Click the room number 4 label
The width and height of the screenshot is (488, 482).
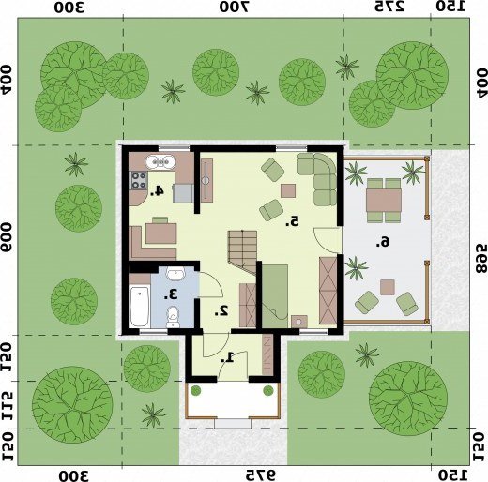(x=157, y=190)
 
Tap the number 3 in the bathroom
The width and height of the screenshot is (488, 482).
(x=171, y=294)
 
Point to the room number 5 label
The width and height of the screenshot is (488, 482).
(x=292, y=221)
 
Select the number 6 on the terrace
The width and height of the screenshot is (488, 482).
(x=383, y=242)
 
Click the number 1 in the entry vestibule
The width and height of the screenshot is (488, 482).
(x=228, y=357)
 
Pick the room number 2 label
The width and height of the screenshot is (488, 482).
(x=221, y=310)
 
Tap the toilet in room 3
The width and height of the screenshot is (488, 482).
(x=173, y=316)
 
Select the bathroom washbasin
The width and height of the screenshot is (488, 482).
(x=175, y=273)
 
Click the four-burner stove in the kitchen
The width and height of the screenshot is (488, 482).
(x=138, y=180)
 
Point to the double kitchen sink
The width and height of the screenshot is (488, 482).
(x=160, y=162)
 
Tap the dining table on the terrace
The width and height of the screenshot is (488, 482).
(x=384, y=201)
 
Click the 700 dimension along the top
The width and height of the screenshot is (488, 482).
(x=234, y=7)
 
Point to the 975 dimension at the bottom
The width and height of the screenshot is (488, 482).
(x=261, y=475)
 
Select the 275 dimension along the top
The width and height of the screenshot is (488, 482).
(x=389, y=7)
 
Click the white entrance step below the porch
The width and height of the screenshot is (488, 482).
(x=233, y=424)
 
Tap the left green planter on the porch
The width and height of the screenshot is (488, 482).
(x=195, y=390)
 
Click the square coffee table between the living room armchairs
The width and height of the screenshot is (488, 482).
(x=288, y=190)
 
